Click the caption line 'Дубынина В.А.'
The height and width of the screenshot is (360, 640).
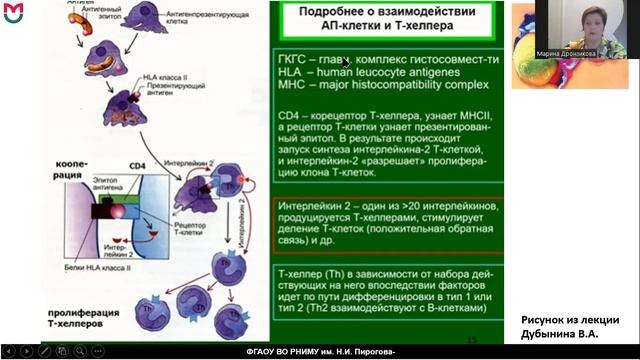(x=568, y=335)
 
